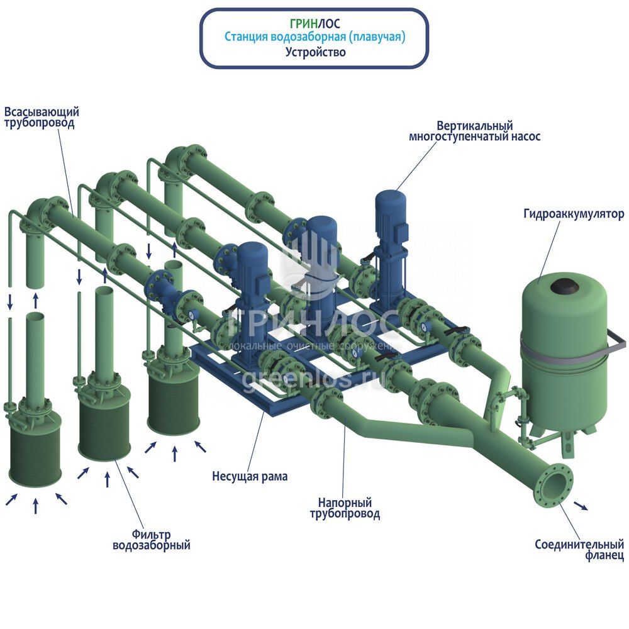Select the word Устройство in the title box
pos(315,52)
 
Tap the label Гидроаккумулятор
pos(573,214)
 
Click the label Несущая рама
pos(250,476)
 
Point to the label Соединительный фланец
pos(579,550)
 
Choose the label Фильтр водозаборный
pos(151,539)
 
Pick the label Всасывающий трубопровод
pos(42,118)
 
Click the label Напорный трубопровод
pos(345,508)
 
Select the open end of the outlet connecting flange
pos(554,485)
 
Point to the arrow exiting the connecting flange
pos(581,506)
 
